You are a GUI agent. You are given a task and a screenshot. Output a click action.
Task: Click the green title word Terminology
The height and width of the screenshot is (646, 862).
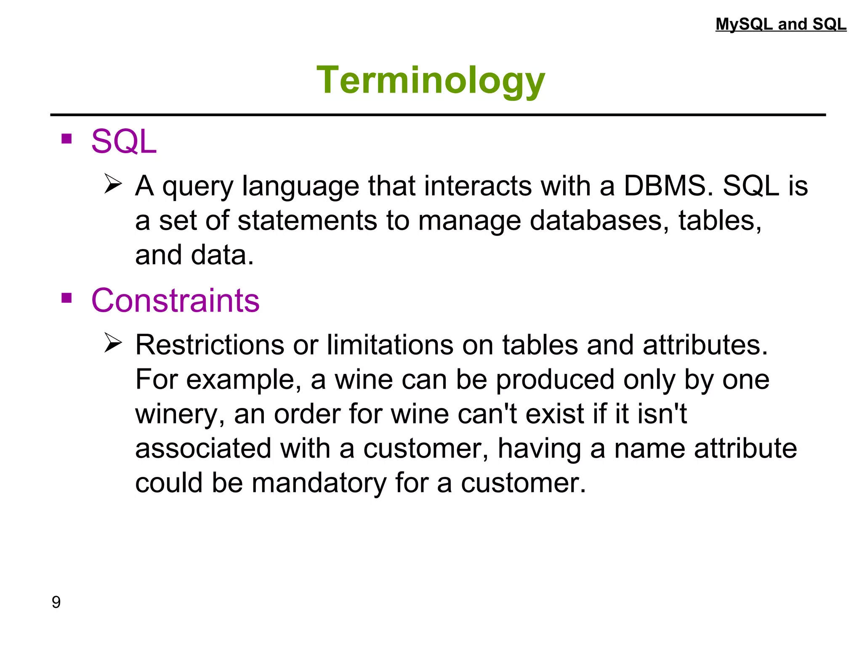[431, 81]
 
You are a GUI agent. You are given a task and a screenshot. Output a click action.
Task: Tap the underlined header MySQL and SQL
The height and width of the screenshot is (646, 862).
[781, 24]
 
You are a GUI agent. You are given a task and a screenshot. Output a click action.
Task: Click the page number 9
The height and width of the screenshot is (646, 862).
[56, 602]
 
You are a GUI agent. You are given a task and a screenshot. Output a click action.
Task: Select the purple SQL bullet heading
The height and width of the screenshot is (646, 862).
[124, 142]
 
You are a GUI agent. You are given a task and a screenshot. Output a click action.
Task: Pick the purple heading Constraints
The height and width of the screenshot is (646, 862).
[175, 301]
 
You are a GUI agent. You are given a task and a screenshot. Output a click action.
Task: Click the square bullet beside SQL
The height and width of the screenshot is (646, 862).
[67, 139]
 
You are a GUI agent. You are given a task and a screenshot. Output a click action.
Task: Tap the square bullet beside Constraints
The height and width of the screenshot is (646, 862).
[67, 298]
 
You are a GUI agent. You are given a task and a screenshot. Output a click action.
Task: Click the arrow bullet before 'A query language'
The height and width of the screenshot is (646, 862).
[113, 184]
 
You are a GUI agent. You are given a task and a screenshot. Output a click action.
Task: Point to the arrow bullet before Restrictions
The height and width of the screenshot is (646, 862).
[113, 343]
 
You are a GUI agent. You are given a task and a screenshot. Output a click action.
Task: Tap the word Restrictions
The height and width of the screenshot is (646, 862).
[210, 345]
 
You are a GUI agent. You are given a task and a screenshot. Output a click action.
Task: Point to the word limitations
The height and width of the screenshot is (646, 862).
[389, 345]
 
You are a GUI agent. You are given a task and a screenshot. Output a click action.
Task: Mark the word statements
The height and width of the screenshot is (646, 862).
[307, 220]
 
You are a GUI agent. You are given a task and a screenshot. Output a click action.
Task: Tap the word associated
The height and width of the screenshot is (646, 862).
[203, 448]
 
